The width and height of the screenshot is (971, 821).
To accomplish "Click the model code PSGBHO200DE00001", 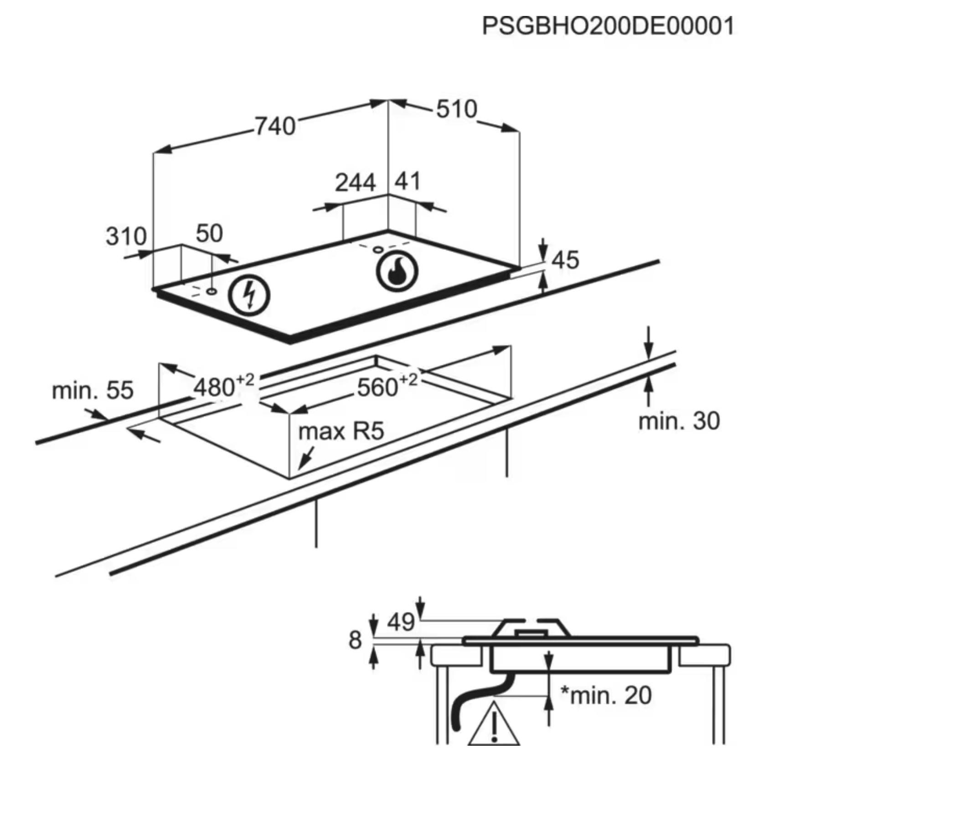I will pos(608,26).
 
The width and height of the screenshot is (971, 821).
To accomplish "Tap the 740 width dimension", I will pos(275,126).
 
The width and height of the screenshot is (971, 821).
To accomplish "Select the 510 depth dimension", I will pos(456,109).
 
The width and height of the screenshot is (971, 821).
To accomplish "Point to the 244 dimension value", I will pos(355,182).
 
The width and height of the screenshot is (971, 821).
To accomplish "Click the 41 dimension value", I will pos(408,181).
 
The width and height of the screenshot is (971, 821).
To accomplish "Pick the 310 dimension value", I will pos(126,236).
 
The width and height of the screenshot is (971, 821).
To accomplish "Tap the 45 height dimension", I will pos(565,260).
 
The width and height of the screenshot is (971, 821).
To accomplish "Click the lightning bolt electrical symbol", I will pos(249,296).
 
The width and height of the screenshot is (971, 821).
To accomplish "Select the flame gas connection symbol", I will pos(397,272).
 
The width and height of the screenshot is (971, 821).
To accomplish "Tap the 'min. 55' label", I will pos(93,390).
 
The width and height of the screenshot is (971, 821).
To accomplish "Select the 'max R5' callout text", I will pos(341,431).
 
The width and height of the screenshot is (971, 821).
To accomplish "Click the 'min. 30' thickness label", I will pos(679,421).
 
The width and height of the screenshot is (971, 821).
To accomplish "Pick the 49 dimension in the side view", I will pos(401,622).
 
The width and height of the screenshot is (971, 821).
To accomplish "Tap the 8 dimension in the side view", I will pos(355,640).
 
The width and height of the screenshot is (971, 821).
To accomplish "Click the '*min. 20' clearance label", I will pos(606,695).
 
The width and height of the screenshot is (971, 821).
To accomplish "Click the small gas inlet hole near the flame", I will pos(378,250).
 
